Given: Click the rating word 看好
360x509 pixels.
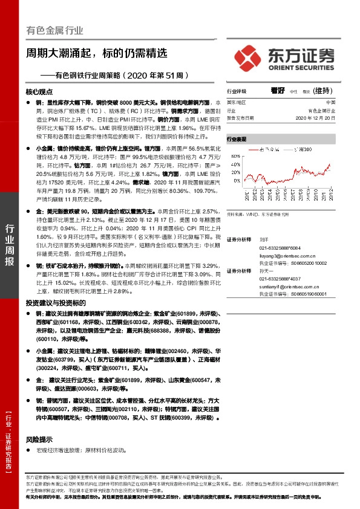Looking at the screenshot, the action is tap(278, 91).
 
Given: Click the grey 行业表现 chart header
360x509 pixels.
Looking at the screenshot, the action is tap(238, 139).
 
